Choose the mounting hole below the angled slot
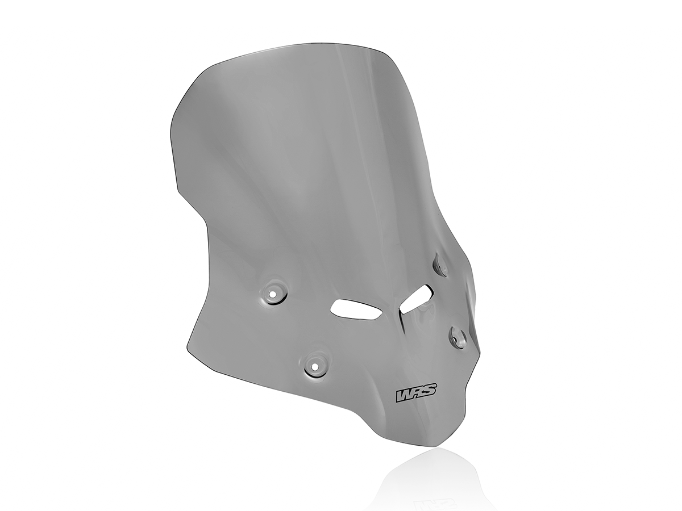458,337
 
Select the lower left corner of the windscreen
188,346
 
